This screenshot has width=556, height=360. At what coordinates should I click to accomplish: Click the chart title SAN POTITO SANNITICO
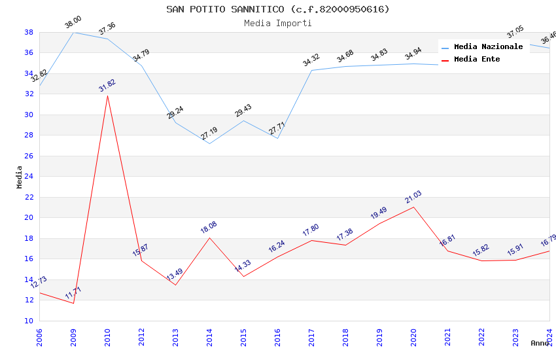click(x=277, y=9)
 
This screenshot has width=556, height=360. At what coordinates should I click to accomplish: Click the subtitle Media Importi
click(x=277, y=23)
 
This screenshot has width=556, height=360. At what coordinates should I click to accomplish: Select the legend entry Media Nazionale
click(x=488, y=46)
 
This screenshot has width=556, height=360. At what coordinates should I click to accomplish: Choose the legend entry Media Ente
click(x=477, y=59)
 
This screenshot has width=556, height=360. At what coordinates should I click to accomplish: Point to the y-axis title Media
click(x=20, y=177)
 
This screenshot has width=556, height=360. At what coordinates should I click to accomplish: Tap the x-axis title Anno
click(x=540, y=343)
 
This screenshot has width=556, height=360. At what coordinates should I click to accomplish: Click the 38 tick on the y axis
click(x=29, y=32)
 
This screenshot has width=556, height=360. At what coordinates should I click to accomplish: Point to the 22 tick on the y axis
click(x=29, y=197)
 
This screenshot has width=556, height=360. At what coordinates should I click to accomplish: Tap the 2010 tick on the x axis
click(x=107, y=334)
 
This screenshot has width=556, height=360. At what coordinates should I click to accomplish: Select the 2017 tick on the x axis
click(x=311, y=334)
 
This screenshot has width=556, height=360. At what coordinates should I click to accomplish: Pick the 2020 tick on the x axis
click(x=413, y=334)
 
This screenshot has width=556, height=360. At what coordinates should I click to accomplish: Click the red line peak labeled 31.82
click(x=107, y=96)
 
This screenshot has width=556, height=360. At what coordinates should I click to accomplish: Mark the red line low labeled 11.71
click(x=73, y=303)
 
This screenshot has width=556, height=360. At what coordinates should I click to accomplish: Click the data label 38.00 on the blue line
click(x=73, y=23)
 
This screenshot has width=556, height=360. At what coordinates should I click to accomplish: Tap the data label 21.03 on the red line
click(x=413, y=198)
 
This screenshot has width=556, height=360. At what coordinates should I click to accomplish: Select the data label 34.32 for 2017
click(x=311, y=61)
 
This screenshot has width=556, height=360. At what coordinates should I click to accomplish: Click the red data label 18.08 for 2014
click(x=209, y=228)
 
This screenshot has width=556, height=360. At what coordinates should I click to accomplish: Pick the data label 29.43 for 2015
click(x=243, y=111)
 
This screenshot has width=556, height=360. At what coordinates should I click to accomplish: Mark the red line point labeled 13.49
click(x=175, y=285)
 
